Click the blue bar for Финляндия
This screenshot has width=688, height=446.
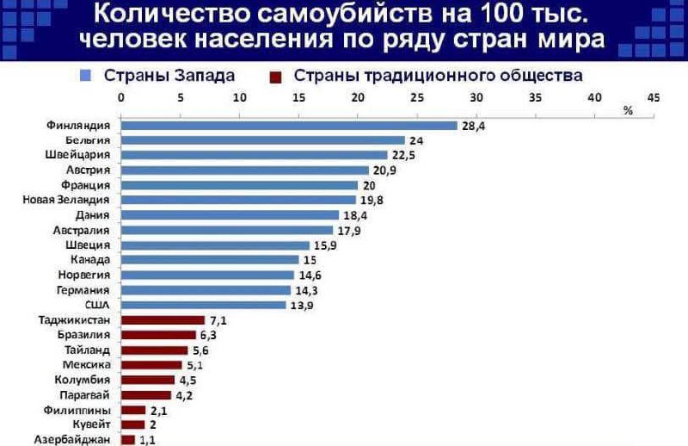tap(289, 125)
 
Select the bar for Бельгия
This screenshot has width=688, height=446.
tap(262, 139)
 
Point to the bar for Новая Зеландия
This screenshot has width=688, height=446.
tap(238, 200)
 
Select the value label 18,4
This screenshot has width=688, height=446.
tap(356, 214)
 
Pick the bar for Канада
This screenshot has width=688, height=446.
tap(210, 259)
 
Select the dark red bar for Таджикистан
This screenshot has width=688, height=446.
tap(163, 320)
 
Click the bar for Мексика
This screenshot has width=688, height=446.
tap(151, 365)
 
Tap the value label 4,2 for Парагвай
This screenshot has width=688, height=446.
tap(185, 395)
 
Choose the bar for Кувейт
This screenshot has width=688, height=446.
tap(133, 424)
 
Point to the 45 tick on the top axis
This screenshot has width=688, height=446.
tap(653, 97)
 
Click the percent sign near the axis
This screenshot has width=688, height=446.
tap(628, 110)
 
